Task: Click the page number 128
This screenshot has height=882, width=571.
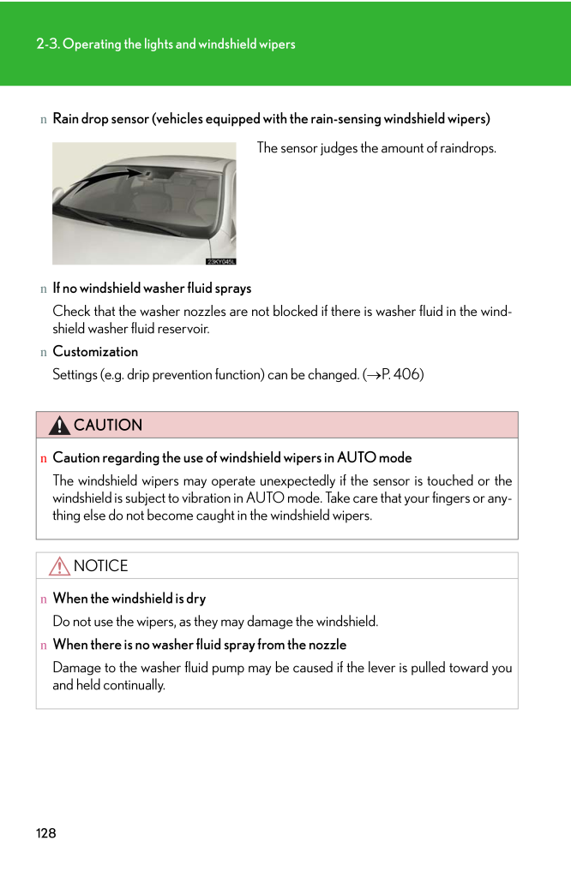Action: point(46,833)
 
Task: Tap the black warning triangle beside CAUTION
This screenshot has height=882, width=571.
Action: point(60,426)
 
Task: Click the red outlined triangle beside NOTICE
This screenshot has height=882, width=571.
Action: point(60,566)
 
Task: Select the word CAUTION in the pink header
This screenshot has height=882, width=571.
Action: point(108,426)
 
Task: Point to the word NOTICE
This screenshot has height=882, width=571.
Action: point(101,566)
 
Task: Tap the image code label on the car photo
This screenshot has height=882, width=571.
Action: point(220,261)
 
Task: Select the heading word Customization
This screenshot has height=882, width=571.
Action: point(95,351)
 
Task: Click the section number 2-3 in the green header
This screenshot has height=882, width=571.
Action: point(47,44)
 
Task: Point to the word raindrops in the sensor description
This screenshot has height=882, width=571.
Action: point(467,148)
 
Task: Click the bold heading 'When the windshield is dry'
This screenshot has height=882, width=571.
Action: point(129,598)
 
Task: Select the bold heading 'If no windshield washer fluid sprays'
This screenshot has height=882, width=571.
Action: point(152,288)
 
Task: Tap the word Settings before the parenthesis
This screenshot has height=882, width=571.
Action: point(75,374)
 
